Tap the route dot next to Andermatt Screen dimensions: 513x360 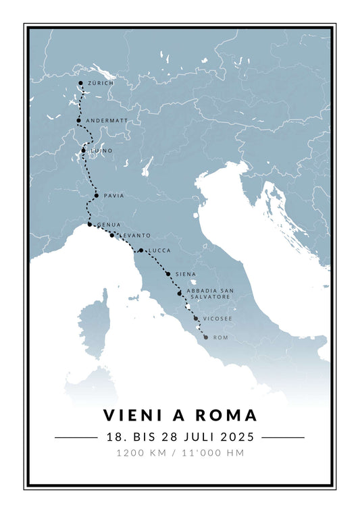78,121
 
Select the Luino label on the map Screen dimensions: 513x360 101,151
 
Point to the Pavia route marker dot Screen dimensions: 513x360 97,196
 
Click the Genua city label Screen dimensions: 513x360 110,224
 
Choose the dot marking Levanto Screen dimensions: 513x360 112,235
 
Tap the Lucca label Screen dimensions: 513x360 159,250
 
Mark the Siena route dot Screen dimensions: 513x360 168,274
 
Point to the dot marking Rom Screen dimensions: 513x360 205,337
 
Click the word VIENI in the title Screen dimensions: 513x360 134,415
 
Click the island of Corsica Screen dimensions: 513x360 94,324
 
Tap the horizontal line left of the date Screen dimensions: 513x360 76,437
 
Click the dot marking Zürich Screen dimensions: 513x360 81,83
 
